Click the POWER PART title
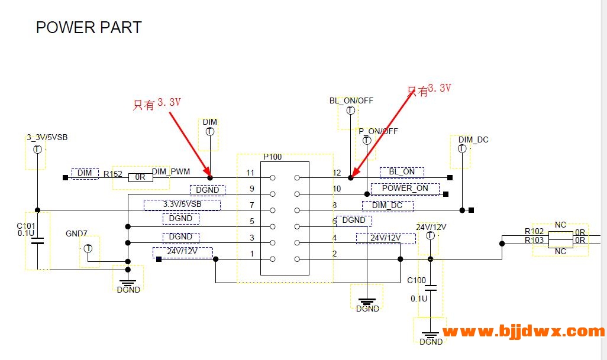click(89, 27)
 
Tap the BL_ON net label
click(402, 172)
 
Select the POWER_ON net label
click(405, 189)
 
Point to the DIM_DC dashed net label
click(388, 206)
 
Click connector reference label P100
click(273, 157)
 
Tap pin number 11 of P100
click(250, 173)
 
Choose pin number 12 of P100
click(337, 173)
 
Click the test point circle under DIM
click(209, 132)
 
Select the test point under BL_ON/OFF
click(350, 111)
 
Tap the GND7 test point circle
click(88, 248)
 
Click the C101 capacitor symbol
click(37, 241)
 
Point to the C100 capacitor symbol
click(431, 288)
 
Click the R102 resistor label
click(534, 232)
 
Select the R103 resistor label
click(534, 241)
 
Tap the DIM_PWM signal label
click(171, 171)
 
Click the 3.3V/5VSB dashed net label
click(182, 205)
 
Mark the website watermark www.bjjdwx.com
click(524, 332)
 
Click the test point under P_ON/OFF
click(367, 141)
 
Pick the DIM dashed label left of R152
click(85, 173)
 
